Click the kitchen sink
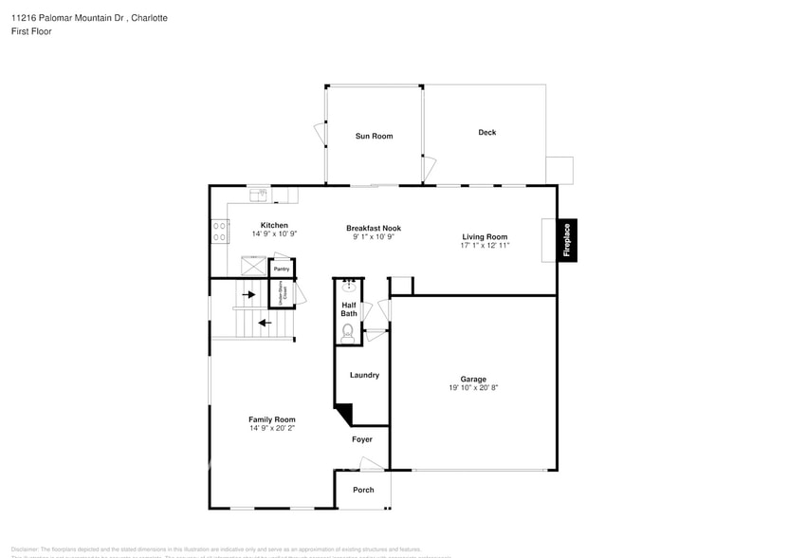click(258, 195)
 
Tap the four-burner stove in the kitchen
click(219, 231)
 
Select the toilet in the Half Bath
click(348, 331)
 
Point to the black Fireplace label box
click(567, 240)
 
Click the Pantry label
click(282, 269)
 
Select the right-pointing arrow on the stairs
click(249, 294)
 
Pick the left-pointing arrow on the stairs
click(265, 323)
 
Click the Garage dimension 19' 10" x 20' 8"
click(473, 388)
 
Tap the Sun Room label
click(374, 137)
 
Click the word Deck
click(486, 133)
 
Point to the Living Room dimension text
click(485, 246)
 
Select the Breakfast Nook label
click(374, 228)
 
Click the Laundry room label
click(364, 375)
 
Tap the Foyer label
click(362, 439)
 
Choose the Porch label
click(363, 490)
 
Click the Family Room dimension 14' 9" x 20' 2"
click(272, 428)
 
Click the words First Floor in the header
click(32, 31)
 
